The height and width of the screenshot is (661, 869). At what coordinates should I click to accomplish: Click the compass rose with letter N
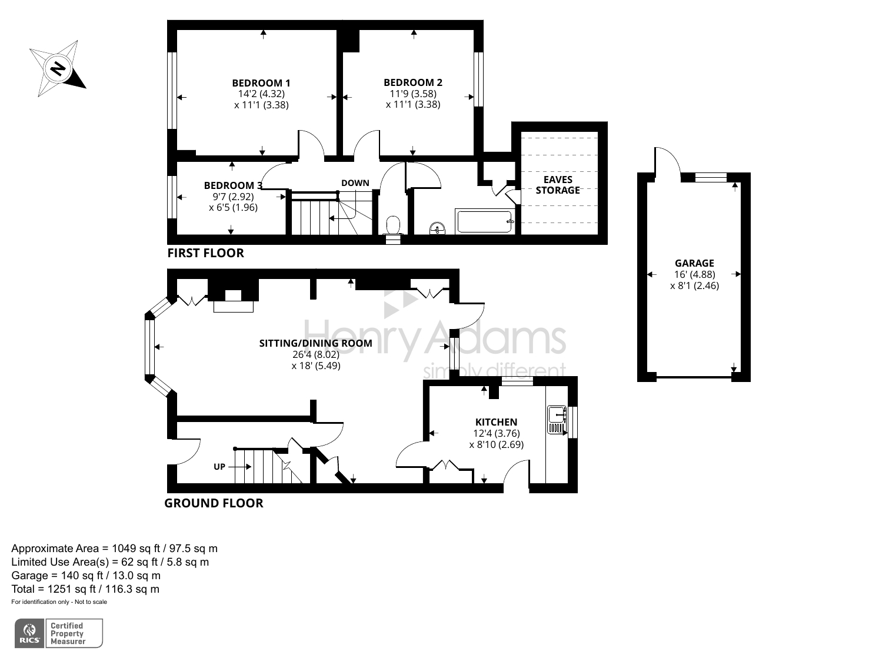coord(57,69)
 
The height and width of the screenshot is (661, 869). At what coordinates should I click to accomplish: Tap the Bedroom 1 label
coord(261,83)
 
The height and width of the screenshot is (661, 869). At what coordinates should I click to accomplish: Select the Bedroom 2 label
coord(413,82)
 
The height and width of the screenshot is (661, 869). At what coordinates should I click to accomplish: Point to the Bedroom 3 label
coord(233,185)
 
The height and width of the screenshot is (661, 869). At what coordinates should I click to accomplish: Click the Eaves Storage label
coord(558,185)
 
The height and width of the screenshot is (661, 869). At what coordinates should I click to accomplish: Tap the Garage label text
coord(694,263)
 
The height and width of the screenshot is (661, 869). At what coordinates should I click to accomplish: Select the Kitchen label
coord(496,422)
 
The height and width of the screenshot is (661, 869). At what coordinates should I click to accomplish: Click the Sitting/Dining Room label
coord(315,343)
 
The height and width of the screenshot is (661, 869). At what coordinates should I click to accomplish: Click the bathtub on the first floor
coord(485,221)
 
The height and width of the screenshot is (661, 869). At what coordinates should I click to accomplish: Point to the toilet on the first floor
coord(393,225)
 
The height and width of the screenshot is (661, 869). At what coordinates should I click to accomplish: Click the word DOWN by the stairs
coord(355,183)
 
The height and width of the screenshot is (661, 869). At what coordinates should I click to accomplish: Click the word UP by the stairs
coord(219,467)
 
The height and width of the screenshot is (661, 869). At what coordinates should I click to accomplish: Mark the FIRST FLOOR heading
coord(205,253)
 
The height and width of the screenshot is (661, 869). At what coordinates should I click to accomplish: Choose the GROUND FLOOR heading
coord(214,503)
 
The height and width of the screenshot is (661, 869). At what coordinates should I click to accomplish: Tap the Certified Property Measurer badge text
coord(68,633)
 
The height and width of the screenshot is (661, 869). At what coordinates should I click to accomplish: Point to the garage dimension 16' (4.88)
coord(694,274)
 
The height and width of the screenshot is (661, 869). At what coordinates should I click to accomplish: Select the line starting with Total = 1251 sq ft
coord(85,589)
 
